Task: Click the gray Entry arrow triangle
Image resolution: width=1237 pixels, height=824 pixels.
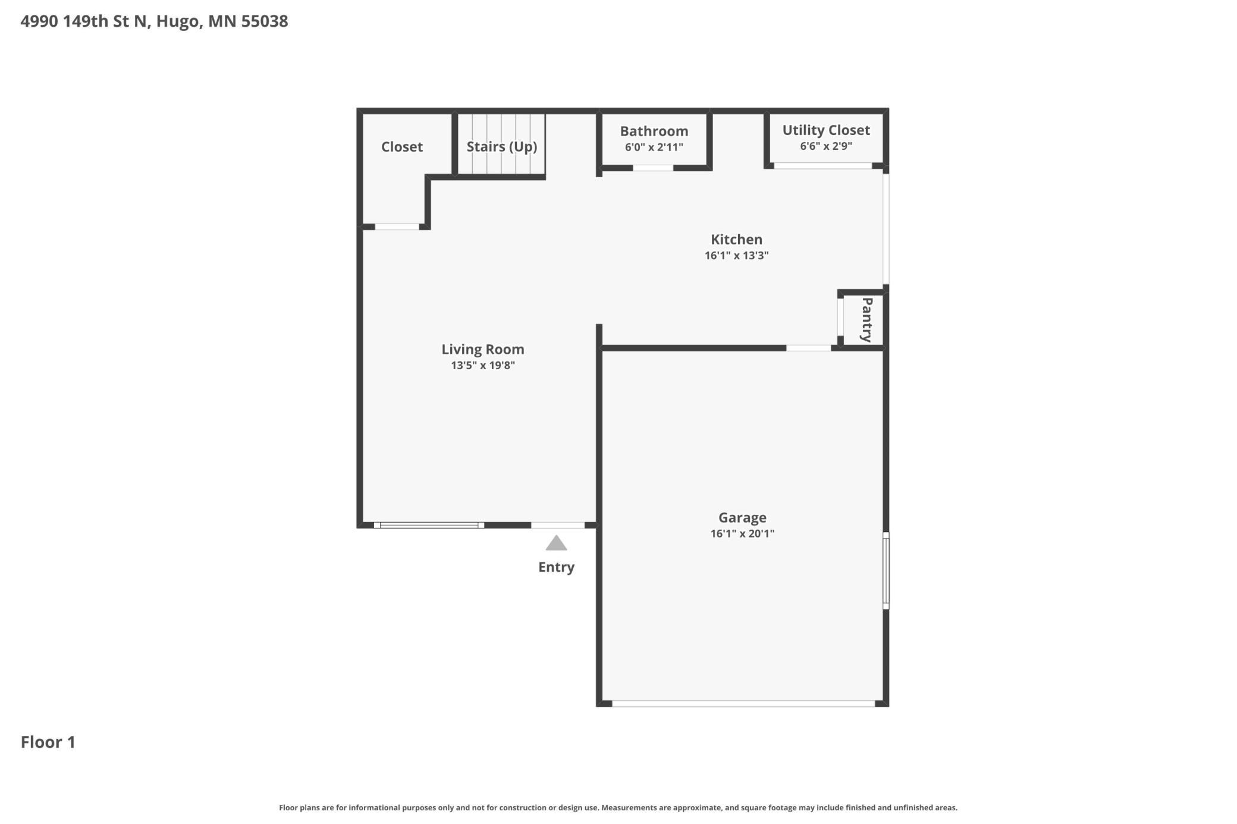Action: [x=556, y=543]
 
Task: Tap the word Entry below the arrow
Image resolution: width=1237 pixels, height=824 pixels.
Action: [x=556, y=567]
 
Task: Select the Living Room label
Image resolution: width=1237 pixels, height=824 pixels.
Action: [x=483, y=349]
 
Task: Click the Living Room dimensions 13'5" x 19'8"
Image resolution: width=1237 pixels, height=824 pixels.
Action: [x=483, y=365]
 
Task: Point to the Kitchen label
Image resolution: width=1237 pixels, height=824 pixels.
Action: [x=736, y=239]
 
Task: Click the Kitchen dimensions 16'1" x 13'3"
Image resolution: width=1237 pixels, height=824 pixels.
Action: [x=736, y=255]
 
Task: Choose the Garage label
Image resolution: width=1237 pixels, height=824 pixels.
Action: [x=742, y=517]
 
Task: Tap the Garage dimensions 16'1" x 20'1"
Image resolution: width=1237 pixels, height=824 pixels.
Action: [x=742, y=533]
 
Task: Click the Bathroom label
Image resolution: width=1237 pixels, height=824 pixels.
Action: [x=654, y=131]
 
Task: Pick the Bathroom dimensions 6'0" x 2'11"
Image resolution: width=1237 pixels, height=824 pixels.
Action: [x=654, y=147]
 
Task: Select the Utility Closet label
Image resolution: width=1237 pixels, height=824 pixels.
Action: [x=826, y=130]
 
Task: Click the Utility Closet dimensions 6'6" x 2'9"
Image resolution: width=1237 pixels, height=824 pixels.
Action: [x=826, y=146]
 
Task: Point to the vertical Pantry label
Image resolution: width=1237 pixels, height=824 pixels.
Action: [x=867, y=320]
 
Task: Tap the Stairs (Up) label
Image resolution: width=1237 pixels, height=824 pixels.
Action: [x=502, y=146]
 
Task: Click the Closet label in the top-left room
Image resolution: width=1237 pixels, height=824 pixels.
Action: [x=402, y=146]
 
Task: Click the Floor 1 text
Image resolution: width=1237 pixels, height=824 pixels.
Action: [x=48, y=742]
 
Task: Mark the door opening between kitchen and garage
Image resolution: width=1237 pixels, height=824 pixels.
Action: [x=809, y=348]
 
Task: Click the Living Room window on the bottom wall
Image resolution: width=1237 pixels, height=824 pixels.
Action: [x=429, y=525]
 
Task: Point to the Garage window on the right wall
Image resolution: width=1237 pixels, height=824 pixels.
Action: [x=886, y=570]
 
